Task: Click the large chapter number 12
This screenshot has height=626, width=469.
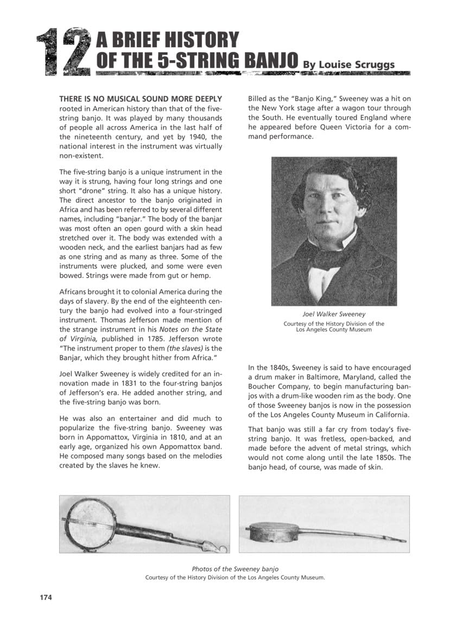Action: coord(62,52)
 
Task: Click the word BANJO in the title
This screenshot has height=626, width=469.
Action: coord(270,61)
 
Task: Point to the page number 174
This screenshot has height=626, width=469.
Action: coord(46,598)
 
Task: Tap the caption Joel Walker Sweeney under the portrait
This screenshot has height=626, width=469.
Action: coord(334,314)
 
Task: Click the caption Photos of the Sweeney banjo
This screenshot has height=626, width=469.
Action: coord(235,568)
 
